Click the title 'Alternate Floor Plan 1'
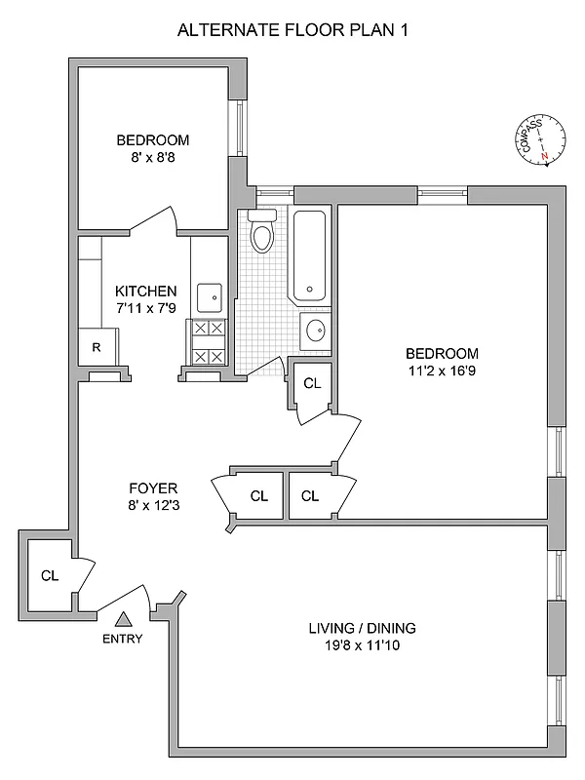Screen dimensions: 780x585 click(292, 30)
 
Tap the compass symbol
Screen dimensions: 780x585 click(536, 140)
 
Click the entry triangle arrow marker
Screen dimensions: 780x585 click(123, 618)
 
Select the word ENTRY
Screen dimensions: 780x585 click(123, 640)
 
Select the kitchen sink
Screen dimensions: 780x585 click(210, 296)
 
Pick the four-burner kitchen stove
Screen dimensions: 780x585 click(210, 343)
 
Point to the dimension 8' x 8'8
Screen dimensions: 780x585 click(151, 156)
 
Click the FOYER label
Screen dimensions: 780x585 click(152, 487)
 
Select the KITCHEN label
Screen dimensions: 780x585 click(146, 291)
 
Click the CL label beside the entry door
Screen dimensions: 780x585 click(50, 575)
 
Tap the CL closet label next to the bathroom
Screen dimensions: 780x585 click(312, 383)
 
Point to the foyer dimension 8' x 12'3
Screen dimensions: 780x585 click(152, 505)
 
